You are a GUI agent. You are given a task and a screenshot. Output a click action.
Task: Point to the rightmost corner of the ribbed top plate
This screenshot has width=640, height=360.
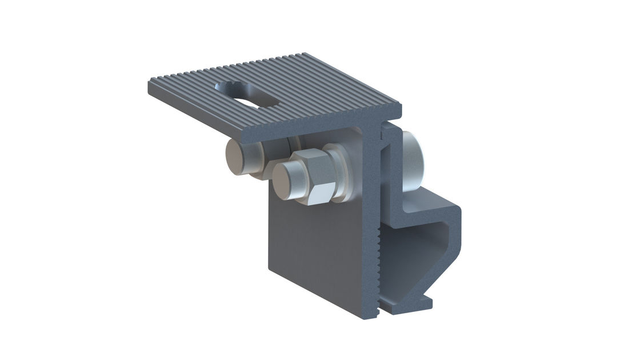[x=400, y=106]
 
